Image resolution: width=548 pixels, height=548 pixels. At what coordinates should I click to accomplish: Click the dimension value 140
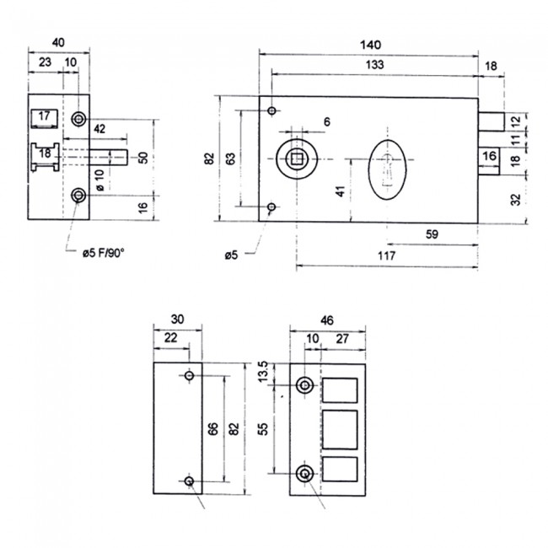371,43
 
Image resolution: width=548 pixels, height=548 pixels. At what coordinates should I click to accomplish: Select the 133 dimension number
375,65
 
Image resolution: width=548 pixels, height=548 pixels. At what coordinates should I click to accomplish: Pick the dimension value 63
230,158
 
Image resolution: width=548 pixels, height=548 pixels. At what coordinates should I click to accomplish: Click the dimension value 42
99,128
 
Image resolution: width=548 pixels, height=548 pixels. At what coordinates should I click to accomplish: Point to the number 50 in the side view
143,158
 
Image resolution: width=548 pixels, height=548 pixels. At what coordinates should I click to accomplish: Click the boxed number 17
45,116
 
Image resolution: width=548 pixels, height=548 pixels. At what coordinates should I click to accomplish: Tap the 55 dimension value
263,428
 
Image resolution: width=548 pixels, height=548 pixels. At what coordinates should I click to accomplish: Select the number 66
212,428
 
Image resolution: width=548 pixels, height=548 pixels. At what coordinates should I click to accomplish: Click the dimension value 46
326,321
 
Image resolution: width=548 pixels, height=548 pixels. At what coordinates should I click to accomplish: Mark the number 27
343,338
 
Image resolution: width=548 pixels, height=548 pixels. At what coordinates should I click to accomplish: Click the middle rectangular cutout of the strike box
341,428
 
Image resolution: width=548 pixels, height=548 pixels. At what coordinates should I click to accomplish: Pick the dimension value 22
171,338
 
